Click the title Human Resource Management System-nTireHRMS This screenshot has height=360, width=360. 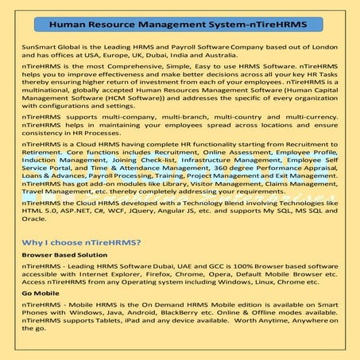[x=179, y=25]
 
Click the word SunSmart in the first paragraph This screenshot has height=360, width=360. [x=35, y=49]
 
